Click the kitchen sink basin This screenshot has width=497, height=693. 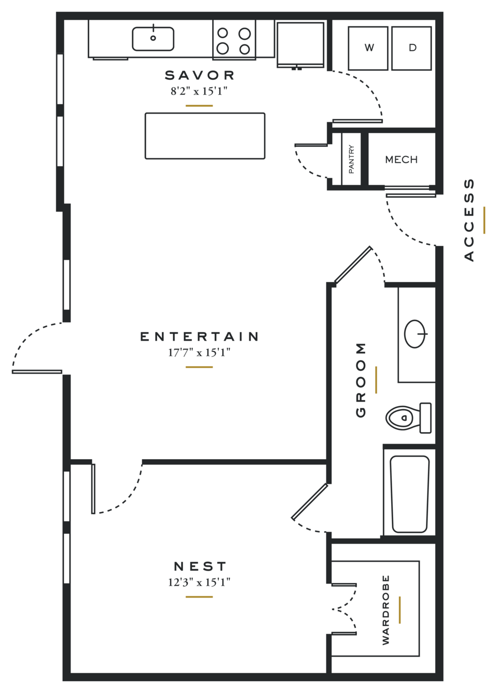tap(153, 39)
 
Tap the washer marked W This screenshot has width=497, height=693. tap(368, 48)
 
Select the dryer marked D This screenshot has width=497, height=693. tap(411, 48)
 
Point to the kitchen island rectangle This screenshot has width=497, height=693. tap(205, 136)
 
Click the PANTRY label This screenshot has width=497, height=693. tap(351, 159)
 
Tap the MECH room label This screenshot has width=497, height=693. tap(402, 160)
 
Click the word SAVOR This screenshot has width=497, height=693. tap(200, 75)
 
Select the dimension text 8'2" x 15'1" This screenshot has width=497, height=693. tap(199, 91)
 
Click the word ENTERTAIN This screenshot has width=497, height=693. tap(200, 337)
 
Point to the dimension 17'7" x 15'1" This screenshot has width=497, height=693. tap(199, 352)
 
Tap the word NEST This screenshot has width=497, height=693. tap(200, 566)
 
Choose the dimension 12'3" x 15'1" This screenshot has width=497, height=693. tap(199, 582)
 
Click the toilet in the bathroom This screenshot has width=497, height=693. tap(408, 418)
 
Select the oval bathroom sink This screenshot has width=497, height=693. tap(415, 334)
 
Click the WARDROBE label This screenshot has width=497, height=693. tap(385, 610)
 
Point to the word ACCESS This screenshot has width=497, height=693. tap(469, 220)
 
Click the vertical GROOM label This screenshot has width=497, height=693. tap(361, 380)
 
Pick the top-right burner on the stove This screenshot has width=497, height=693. tap(244, 33)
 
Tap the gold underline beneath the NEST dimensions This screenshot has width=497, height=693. tap(199, 597)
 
